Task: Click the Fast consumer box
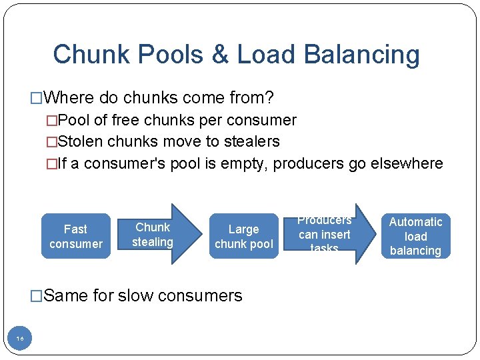pos(76,236)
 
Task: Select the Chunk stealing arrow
pos(157,235)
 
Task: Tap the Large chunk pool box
pos(243,236)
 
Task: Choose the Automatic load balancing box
pos(415,236)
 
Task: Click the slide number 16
pos(20,339)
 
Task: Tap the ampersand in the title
pos(220,55)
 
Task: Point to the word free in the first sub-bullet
pos(125,120)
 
